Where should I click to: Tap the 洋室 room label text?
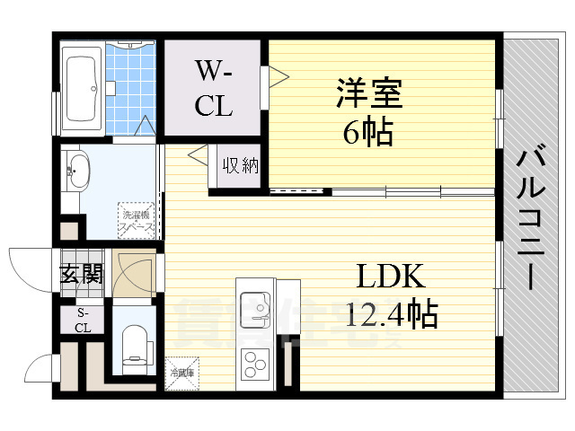coord(368,92)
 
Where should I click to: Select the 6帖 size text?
coord(367,132)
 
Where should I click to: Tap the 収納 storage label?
coord(241,165)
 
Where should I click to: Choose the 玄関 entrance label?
coord(81,275)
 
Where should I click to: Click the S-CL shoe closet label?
coord(83,320)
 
